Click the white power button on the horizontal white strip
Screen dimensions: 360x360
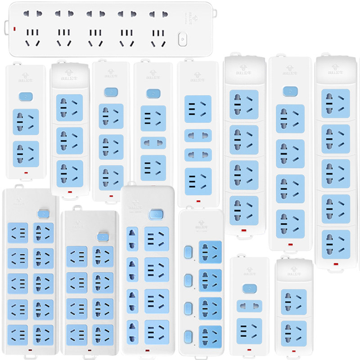coord(183,39)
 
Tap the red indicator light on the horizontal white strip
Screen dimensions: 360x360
coord(15,30)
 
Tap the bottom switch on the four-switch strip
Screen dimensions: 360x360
coord(188,335)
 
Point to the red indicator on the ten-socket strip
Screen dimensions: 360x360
coord(30,350)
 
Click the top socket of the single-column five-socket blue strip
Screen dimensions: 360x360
coord(336,100)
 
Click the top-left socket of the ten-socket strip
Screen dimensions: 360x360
coord(18,233)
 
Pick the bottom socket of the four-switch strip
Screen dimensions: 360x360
coord(210,335)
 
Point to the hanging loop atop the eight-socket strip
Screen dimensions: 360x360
coord(78,208)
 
